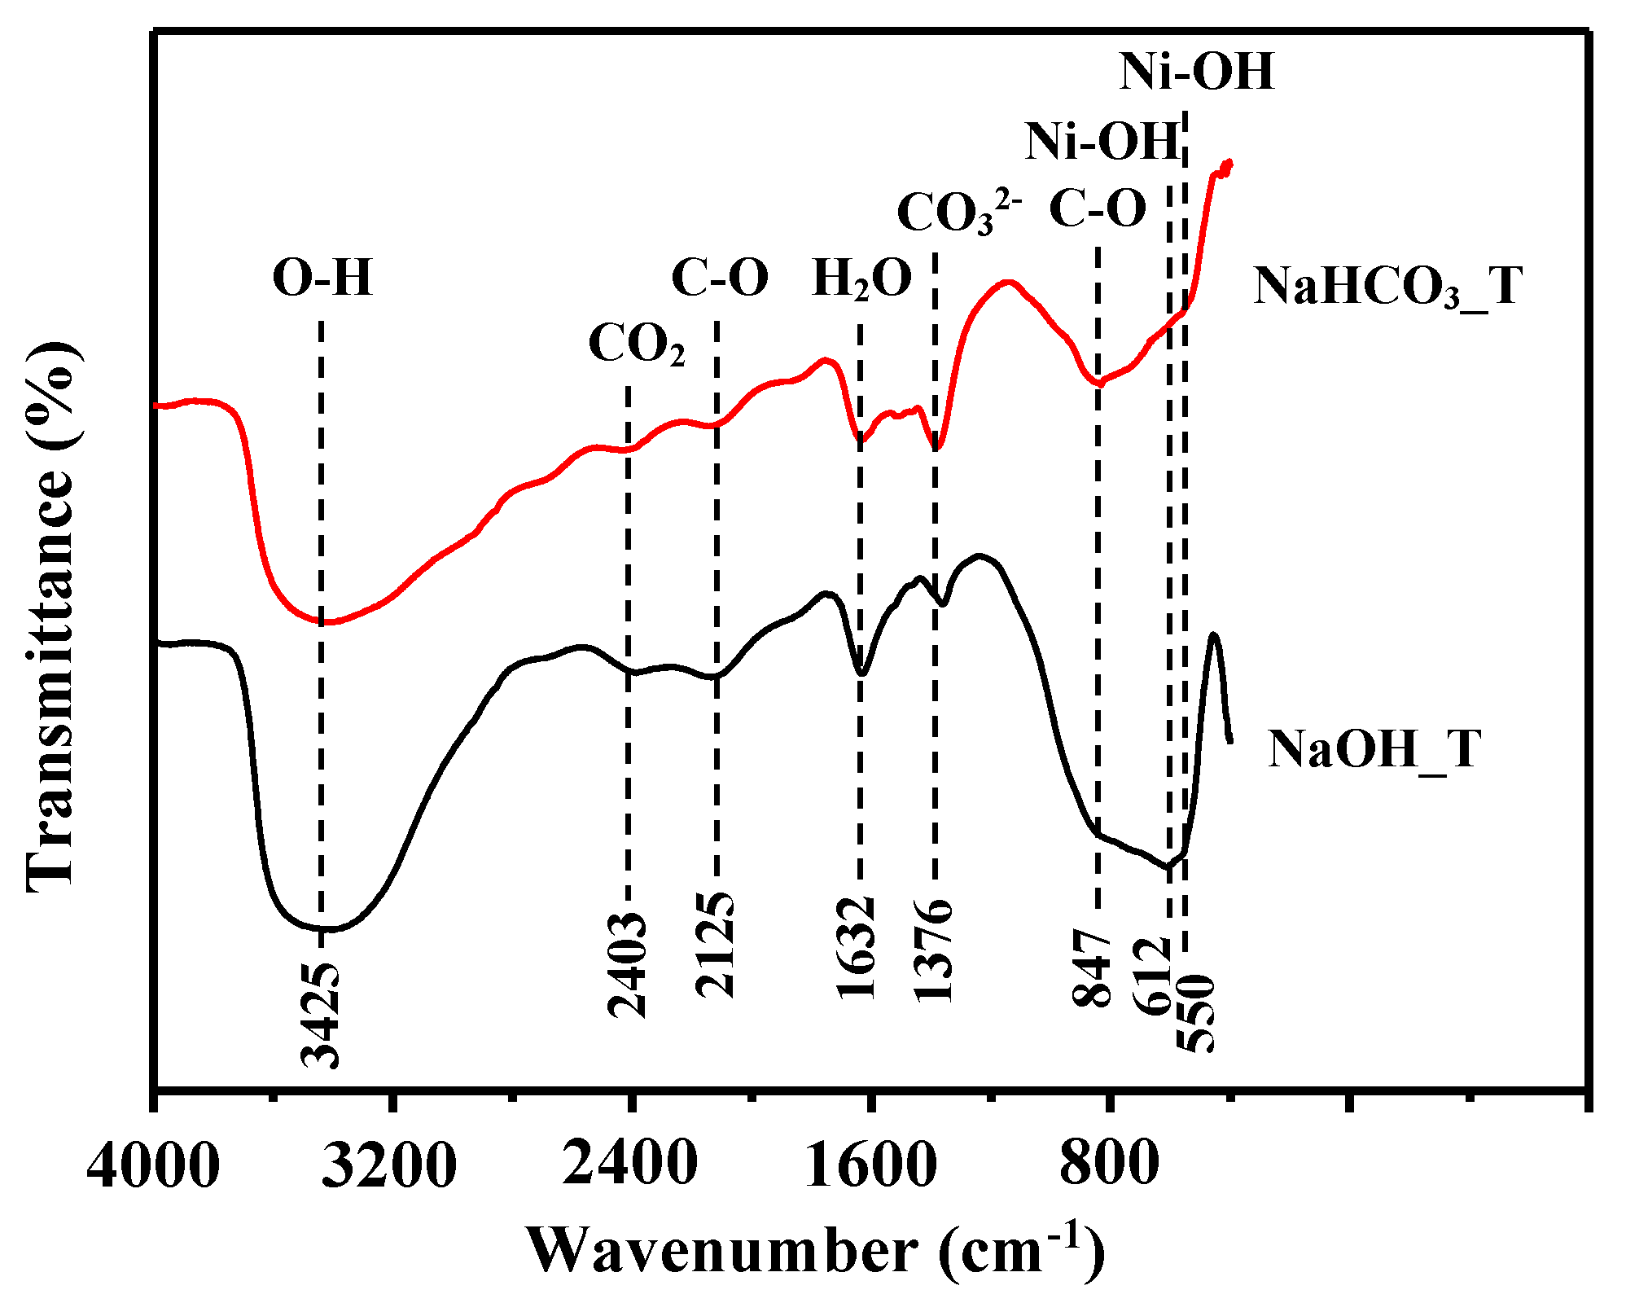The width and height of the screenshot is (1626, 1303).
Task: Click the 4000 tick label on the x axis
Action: click(153, 1166)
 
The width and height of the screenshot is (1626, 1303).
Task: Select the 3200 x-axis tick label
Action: click(390, 1166)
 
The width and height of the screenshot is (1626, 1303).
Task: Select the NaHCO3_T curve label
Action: click(1387, 287)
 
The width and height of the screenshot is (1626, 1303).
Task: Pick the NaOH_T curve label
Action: click(1374, 748)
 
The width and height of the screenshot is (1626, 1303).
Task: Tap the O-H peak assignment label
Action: click(322, 278)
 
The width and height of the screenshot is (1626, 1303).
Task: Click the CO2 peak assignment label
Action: click(637, 344)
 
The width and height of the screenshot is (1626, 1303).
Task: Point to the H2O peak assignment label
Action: click(862, 279)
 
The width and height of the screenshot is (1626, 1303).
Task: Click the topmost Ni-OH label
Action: click(1196, 72)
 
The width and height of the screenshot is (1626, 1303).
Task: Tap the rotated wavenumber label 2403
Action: click(627, 965)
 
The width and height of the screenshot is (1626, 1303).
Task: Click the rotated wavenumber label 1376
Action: click(933, 950)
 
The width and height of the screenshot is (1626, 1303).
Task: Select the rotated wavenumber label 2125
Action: click(715, 945)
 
